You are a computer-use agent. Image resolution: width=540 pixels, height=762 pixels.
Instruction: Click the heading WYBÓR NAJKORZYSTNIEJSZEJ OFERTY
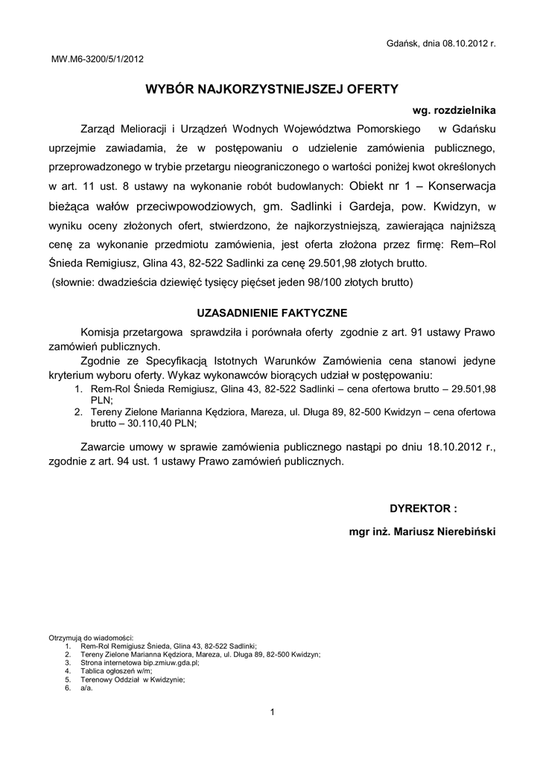click(272, 89)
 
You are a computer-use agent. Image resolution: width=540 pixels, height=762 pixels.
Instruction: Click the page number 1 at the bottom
click(273, 714)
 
